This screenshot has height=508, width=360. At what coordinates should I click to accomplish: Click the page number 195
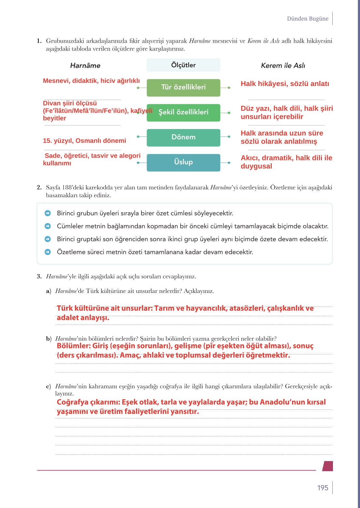pos(323,487)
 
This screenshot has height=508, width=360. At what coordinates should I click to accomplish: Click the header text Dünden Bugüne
pos(308,19)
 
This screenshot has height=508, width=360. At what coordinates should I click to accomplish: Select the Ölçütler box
pos(183,65)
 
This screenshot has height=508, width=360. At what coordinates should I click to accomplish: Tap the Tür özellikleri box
pos(183,87)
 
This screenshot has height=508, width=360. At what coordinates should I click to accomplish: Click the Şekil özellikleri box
pos(183,112)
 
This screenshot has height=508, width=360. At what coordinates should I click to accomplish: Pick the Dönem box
pos(183,137)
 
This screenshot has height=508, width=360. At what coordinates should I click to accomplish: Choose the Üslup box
pos(183,162)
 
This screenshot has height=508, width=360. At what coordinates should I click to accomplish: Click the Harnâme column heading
pos(85,65)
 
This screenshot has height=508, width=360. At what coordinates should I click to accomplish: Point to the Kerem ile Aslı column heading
pos(283,65)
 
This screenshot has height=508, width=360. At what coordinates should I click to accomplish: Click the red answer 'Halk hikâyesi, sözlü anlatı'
pos(285,84)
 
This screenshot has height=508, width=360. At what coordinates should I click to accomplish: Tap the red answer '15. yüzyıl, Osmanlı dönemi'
pos(84,141)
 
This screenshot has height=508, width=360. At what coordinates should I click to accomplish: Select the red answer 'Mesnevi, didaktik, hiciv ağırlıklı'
pos(91,81)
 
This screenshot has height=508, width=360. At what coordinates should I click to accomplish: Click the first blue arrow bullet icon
pos(48,213)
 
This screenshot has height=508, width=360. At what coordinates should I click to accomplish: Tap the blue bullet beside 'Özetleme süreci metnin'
pos(48,252)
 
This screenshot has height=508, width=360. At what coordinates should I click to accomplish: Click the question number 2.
pos(39,187)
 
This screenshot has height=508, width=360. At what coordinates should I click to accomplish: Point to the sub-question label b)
pos(49,339)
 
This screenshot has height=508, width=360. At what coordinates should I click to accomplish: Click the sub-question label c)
pos(49,386)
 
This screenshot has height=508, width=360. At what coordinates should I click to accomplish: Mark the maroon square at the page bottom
pos(328,466)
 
